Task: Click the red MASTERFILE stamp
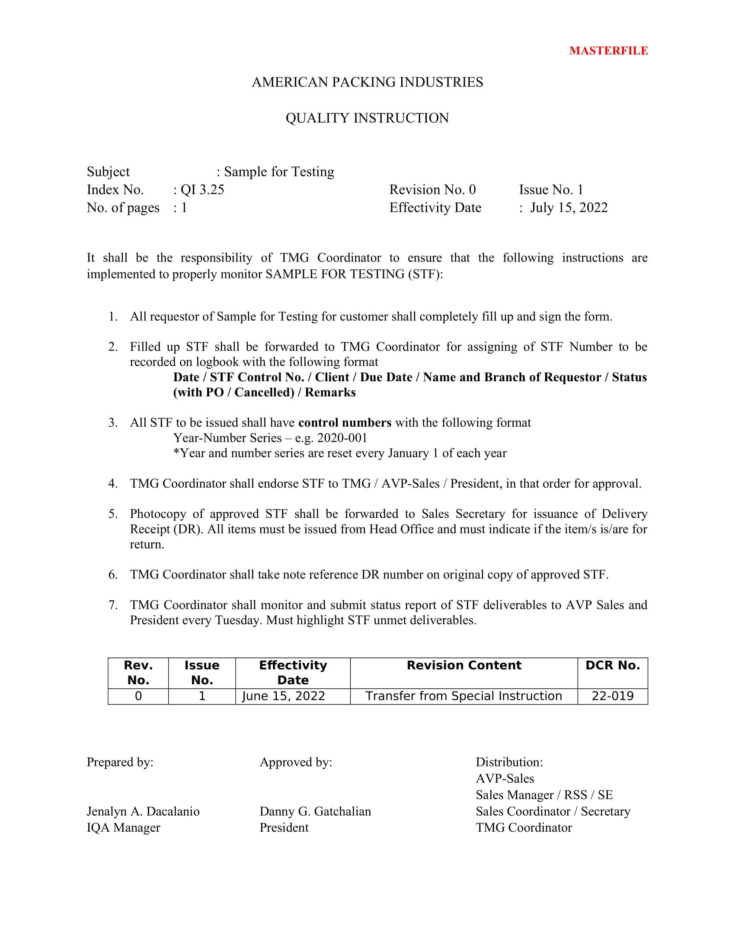pos(608,51)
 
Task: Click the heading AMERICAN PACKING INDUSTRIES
pos(367,82)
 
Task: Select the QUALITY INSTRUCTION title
pos(367,118)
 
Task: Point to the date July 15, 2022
pos(569,207)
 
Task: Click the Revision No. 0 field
pos(432,190)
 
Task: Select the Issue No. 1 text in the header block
pos(551,190)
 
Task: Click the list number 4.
pos(113,483)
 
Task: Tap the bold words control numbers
pos(345,422)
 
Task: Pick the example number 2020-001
pos(342,437)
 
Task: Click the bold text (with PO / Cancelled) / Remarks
pos(264,393)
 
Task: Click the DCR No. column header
pos(612,665)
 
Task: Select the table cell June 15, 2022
pos(284,696)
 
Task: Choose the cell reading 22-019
pos(612,696)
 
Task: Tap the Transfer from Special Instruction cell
pos(464,696)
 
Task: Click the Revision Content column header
pos(464,665)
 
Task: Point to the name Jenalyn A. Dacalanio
pos(143,811)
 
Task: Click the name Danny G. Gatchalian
pos(315,811)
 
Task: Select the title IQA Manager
pos(123,828)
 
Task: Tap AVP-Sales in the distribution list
pos(505,779)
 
